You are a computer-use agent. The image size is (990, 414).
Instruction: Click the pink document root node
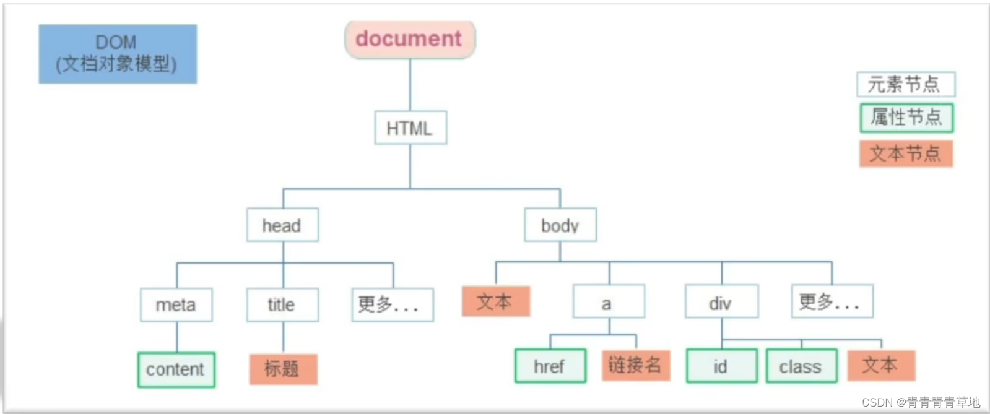coord(410,40)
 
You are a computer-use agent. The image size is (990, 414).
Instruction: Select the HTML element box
coord(410,127)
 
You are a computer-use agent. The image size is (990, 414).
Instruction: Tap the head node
coord(282,225)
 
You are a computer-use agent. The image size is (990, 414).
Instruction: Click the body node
coord(560,225)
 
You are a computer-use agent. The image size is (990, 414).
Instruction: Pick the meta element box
coord(176,304)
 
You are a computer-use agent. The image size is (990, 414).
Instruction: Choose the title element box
coord(282,304)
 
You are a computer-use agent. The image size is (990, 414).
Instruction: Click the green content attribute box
coord(176,369)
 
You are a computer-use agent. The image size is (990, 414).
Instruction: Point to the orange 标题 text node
coord(284,369)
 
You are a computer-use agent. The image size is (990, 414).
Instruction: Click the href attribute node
coord(550,366)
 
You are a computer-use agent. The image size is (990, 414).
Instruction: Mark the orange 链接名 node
coord(636,365)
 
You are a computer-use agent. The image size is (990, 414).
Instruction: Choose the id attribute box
coord(721,366)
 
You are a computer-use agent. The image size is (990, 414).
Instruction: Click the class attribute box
coord(801,366)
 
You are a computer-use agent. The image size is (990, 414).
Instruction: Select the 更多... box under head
coord(393,304)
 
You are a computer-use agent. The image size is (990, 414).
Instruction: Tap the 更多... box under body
coord(832,301)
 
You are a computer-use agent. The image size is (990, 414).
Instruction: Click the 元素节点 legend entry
coord(905,84)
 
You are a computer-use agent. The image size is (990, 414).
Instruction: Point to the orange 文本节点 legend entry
coord(906,153)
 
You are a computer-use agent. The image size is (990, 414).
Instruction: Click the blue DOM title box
coord(118,54)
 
